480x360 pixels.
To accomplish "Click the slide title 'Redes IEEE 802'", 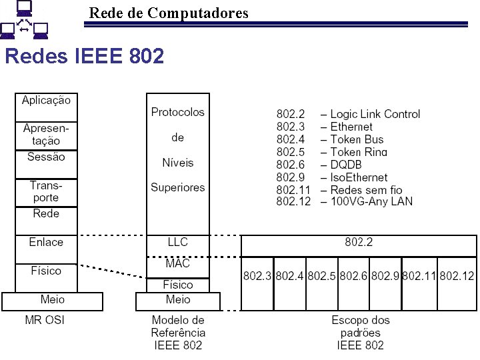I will [x=84, y=56].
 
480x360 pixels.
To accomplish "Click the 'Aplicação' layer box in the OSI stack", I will [x=46, y=100].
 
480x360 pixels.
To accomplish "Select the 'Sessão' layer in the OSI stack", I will [x=46, y=157].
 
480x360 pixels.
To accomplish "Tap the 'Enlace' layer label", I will [x=46, y=242].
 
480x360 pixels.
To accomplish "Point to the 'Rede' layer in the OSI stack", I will [x=46, y=213].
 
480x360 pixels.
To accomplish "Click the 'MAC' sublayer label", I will [x=177, y=263].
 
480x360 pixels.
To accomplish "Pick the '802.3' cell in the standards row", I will [x=257, y=275].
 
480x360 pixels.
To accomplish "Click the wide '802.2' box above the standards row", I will [x=359, y=243].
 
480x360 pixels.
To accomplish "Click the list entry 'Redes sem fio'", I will [x=367, y=190].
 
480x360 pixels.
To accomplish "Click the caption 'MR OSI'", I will [x=45, y=320].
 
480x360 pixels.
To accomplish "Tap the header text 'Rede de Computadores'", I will [x=169, y=13].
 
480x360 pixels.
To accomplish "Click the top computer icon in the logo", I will [x=24, y=8].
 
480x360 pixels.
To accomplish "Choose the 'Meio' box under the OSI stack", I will [x=53, y=300].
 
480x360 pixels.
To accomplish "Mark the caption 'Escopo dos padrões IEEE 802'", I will [x=361, y=333].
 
